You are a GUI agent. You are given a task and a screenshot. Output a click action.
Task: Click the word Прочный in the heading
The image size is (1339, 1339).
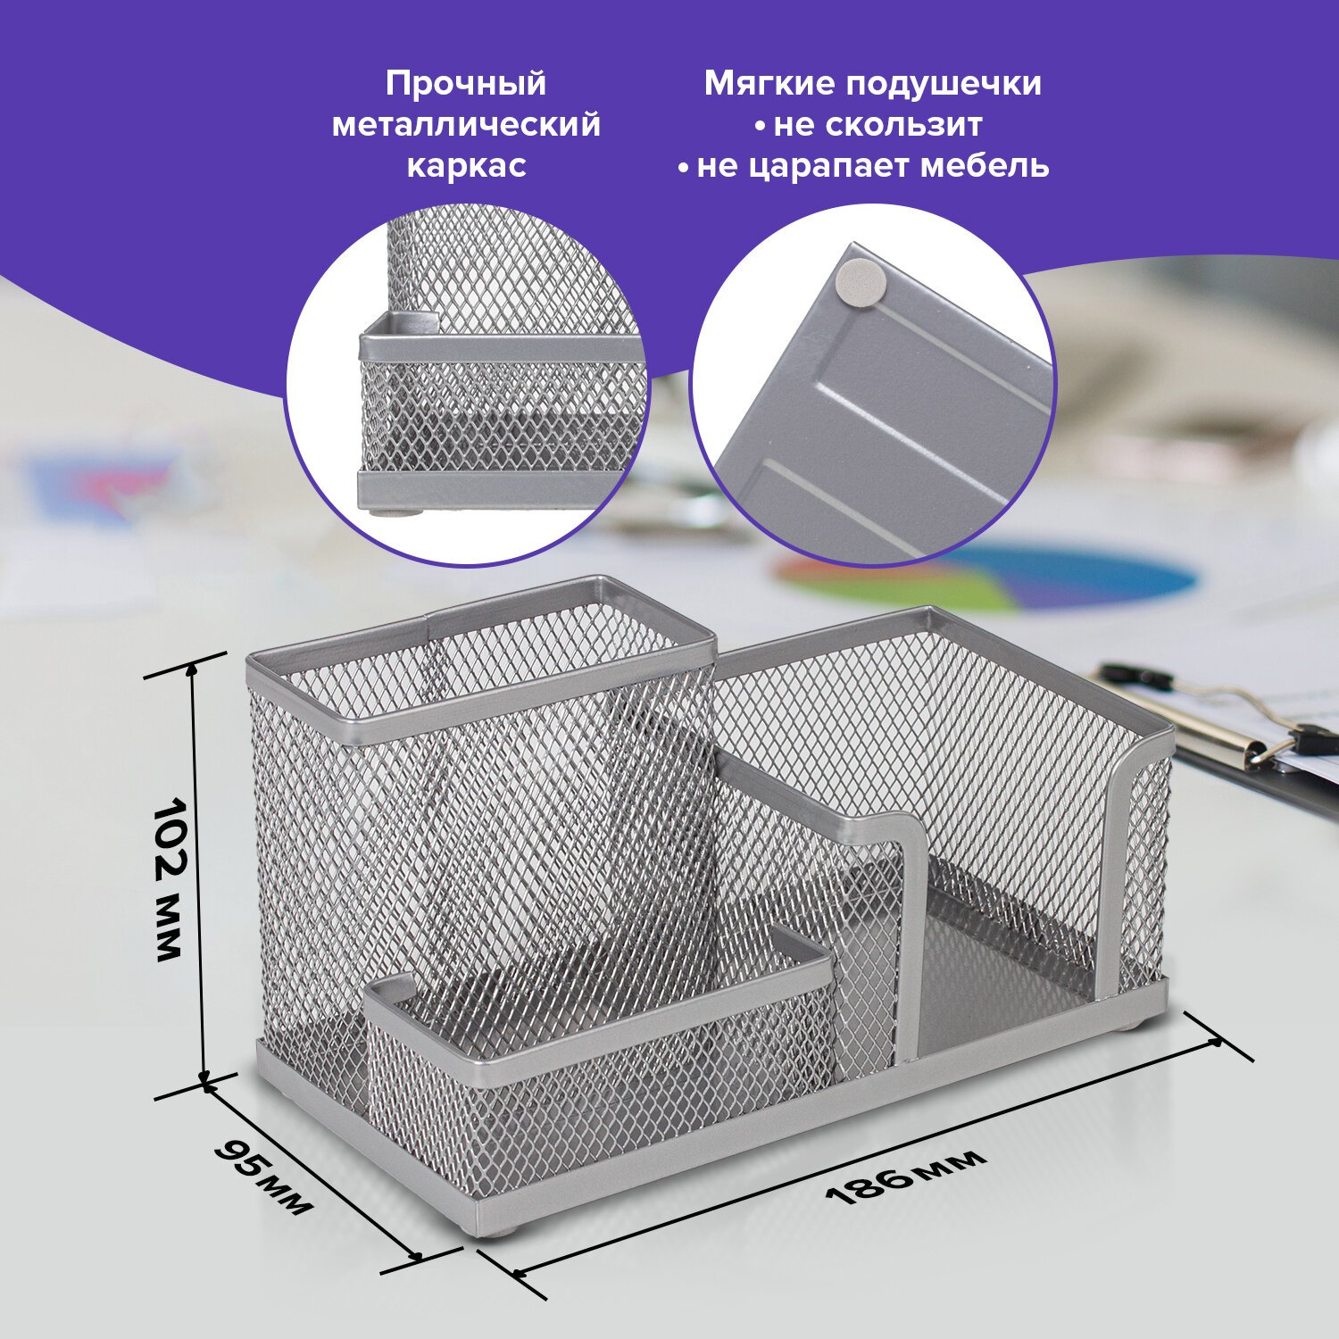coord(466,84)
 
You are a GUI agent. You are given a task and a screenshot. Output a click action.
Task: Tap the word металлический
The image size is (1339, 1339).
coord(466,124)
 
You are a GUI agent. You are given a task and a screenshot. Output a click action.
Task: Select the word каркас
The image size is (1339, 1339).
coord(466,166)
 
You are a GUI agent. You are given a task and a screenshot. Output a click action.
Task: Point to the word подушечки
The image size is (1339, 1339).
coord(943,85)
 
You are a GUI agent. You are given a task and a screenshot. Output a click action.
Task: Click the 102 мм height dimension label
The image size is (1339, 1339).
coord(168,878)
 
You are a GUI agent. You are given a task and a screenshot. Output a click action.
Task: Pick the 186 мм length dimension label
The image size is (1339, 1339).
coord(906,1175)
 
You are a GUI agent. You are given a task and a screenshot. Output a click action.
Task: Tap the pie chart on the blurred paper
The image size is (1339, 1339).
coord(986,576)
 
